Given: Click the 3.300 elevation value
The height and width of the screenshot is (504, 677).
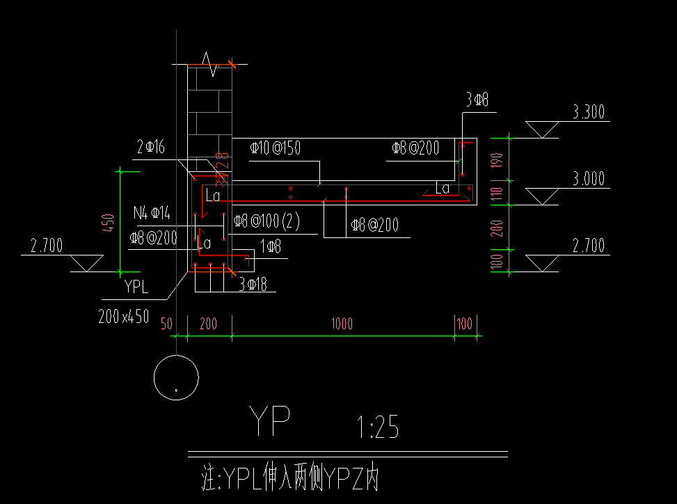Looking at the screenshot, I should click(x=588, y=112).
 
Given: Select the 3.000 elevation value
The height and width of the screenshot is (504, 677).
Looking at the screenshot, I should click(x=588, y=178).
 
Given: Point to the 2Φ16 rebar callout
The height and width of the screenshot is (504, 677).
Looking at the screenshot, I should click(x=151, y=146).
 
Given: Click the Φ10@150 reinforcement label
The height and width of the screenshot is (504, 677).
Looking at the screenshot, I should click(x=276, y=148).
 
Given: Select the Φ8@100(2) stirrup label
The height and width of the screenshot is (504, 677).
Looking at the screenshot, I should click(x=266, y=221).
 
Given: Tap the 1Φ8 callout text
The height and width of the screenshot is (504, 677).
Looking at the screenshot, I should click(x=271, y=246).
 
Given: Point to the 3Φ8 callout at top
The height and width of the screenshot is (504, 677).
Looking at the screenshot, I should click(x=477, y=100).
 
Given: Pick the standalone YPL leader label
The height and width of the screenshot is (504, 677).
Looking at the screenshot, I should click(x=136, y=286).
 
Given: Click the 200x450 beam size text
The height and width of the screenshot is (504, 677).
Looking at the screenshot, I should click(x=124, y=316).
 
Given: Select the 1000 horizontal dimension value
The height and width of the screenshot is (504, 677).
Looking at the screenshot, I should click(x=342, y=324).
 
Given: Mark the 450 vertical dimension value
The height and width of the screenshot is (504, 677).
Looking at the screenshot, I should click(x=108, y=223).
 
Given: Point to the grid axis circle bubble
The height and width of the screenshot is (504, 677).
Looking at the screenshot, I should click(x=176, y=378).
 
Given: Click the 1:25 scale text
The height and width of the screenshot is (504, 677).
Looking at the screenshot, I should click(x=377, y=427).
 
